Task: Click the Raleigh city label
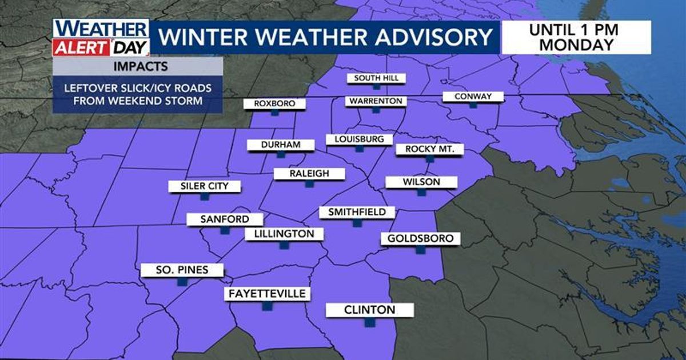point(309,174)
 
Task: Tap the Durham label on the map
point(280,145)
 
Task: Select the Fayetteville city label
point(267,294)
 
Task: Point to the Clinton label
point(369,310)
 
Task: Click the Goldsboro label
point(421,238)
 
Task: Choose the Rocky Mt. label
point(429,149)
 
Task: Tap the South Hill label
point(376,78)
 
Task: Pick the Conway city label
point(472,97)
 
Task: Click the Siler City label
point(204,186)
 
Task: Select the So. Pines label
point(182,270)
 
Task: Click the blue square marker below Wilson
point(421,193)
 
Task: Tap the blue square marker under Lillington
point(284,245)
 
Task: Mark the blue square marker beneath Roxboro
point(274,113)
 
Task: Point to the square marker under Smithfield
point(357,223)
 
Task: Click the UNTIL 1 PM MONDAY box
point(576,37)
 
